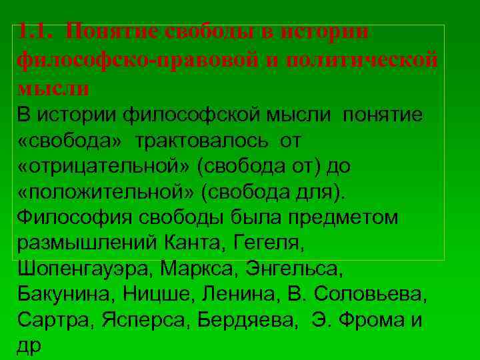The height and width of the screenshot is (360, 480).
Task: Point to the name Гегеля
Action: tap(269, 243)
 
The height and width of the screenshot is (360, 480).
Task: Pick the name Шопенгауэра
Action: tap(87, 269)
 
